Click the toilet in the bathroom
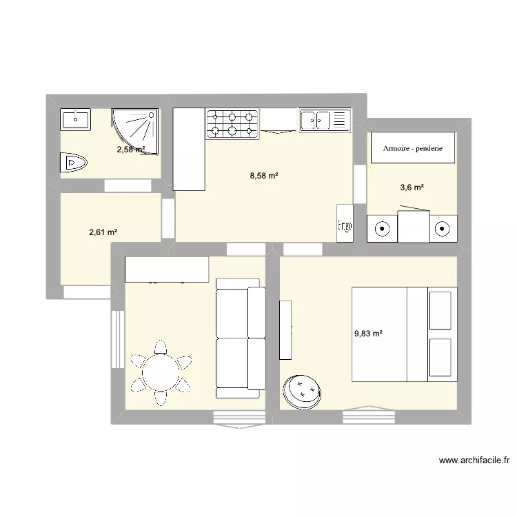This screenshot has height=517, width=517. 74,163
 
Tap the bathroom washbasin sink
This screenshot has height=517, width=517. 76,119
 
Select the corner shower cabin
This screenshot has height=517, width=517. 135,131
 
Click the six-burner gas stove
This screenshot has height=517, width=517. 232,123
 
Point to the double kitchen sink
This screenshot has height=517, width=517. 325,120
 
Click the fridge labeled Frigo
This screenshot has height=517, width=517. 345,223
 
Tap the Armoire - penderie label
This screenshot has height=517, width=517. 413,148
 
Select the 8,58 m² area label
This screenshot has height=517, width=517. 264,176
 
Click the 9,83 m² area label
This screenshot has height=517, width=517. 368,334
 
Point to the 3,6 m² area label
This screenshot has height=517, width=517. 412,187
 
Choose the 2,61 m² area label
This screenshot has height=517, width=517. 103,232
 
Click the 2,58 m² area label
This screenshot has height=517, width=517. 131,150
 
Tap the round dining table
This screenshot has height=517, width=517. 161,372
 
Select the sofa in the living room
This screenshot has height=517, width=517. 241,338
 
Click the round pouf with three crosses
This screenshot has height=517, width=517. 302,392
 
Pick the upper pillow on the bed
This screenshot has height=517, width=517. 440,310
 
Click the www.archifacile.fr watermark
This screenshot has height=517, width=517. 474,460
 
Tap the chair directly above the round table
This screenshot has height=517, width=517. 161,347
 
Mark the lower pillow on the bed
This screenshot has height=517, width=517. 440,357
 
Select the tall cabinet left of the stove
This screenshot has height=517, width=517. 189,150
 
